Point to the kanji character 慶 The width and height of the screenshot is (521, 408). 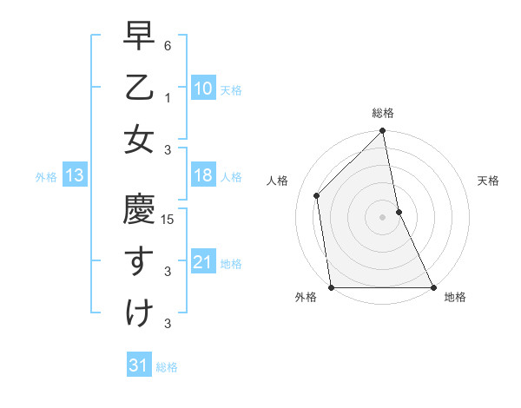click(x=138, y=211)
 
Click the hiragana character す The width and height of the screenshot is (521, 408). click(x=138, y=261)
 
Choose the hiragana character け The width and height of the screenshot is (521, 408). click(x=138, y=313)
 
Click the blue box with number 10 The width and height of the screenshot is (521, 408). click(x=202, y=88)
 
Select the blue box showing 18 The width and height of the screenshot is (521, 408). click(x=202, y=176)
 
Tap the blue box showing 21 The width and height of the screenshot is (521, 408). click(x=202, y=262)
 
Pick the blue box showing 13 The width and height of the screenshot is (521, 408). click(x=75, y=176)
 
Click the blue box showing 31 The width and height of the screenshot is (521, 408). click(x=138, y=365)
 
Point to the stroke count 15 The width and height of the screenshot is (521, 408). click(x=168, y=220)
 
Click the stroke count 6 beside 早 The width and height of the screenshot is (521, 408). click(x=168, y=46)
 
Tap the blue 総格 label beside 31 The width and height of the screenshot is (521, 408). click(x=167, y=367)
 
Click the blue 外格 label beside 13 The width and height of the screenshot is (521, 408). click(x=46, y=177)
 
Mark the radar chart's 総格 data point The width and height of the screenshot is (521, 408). click(x=383, y=132)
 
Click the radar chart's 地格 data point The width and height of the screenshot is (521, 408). click(x=433, y=287)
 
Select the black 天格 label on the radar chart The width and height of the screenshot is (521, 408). click(x=488, y=181)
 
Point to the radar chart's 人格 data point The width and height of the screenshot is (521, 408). click(x=317, y=195)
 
